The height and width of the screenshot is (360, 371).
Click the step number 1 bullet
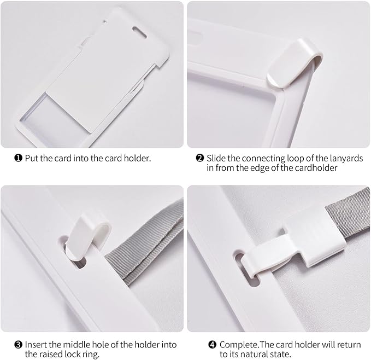(x=18, y=158)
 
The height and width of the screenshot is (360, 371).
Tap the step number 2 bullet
(x=200, y=158)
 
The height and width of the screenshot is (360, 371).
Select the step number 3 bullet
(x=18, y=345)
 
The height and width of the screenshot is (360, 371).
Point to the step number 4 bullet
(x=212, y=345)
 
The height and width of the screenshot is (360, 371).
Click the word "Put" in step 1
(x=32, y=158)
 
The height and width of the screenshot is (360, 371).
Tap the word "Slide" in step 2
(x=216, y=158)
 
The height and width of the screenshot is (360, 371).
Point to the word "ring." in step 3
(x=91, y=355)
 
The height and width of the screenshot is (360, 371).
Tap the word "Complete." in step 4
(x=239, y=345)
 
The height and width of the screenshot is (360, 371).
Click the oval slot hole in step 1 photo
(x=139, y=32)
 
